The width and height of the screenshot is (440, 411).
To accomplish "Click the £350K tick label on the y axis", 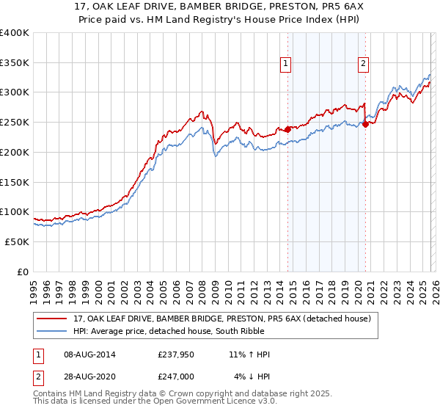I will (x=15, y=63).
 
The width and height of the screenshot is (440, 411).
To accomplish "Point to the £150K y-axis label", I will (x=15, y=182).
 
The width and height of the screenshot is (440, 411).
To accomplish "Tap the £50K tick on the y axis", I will (x=18, y=241).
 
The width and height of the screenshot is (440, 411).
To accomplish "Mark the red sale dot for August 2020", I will (x=365, y=124).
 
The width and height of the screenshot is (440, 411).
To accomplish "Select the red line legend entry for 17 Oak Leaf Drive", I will (x=226, y=319).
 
